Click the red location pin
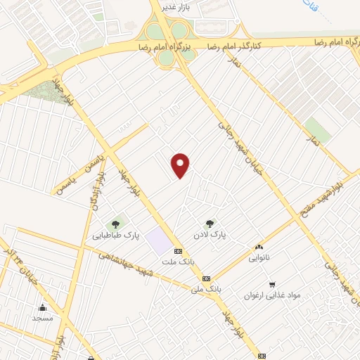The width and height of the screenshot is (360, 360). [181, 165]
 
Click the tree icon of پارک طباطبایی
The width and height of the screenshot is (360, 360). [115, 224]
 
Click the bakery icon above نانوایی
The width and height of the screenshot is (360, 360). [259, 247]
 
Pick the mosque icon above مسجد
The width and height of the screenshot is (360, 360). [43, 307]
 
